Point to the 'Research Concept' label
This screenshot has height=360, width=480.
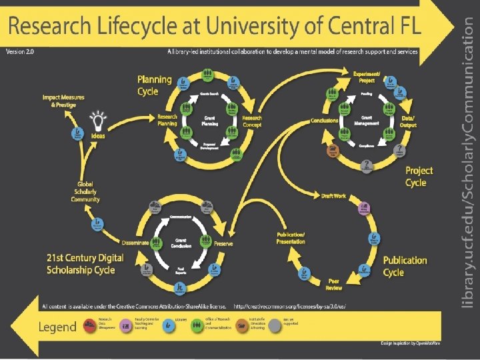252,121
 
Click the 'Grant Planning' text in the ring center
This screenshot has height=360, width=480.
209,121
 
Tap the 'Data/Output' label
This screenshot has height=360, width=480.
407,121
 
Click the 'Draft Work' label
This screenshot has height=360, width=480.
333,196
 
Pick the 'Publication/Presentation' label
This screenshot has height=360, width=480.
291,238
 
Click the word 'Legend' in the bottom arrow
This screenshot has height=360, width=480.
57,327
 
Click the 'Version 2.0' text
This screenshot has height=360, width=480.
20,51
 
